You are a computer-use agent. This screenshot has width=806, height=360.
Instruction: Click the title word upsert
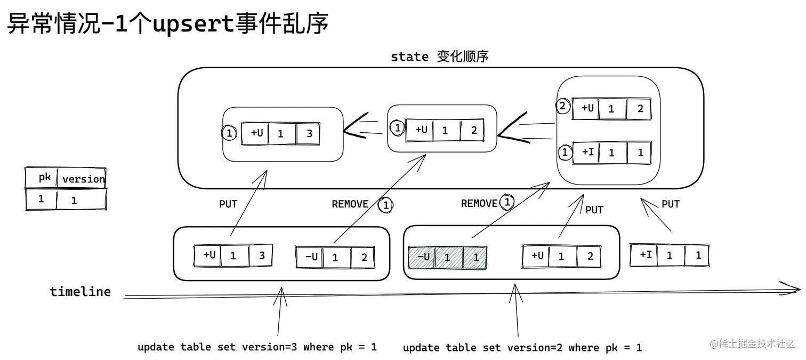pos(194,24)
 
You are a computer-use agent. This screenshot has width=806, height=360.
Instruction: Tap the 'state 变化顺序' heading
pos(439,57)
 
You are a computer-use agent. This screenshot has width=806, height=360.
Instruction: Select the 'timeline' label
pos(80,292)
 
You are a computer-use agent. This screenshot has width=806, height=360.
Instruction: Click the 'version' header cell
pos(83,179)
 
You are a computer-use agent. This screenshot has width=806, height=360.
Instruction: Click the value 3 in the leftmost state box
pos(309,133)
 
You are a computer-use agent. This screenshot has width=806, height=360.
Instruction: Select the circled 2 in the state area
pos(562,106)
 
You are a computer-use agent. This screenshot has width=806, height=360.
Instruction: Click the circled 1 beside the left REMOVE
pos(385,205)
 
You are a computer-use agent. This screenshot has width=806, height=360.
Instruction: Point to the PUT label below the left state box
pos(228,204)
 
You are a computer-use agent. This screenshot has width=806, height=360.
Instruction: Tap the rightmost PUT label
pos(670,204)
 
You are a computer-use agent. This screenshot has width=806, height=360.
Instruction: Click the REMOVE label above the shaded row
pos(479,203)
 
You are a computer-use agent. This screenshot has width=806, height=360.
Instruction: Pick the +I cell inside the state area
pos(587,152)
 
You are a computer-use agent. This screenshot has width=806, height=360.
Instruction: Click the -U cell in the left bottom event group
pos(310,257)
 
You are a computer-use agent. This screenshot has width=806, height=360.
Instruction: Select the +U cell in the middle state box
pos(421,130)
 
